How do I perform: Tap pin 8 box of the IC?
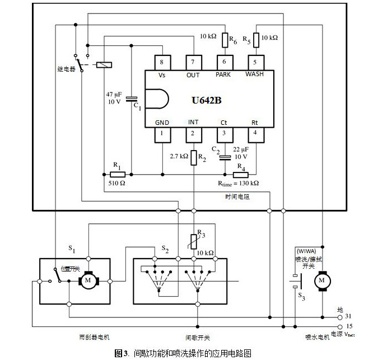[x=162, y=62]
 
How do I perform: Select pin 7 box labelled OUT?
[x=193, y=62]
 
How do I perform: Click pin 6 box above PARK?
[x=225, y=62]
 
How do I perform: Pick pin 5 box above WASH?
[x=255, y=62]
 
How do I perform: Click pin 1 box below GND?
[x=162, y=134]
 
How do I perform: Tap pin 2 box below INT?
[x=193, y=134]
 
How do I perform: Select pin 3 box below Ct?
[x=225, y=134]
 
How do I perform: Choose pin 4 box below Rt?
[x=255, y=134]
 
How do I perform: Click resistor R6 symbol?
[x=225, y=40]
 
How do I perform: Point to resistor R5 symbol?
[x=256, y=40]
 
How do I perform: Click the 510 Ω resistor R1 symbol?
[x=118, y=173]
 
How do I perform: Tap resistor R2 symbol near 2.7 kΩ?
[x=194, y=158]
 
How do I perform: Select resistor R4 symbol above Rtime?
[x=240, y=173]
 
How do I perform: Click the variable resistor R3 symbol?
[x=194, y=241]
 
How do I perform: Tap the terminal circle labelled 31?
[x=340, y=316]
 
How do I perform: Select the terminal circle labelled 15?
[x=340, y=325]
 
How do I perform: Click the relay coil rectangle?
[x=104, y=65]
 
